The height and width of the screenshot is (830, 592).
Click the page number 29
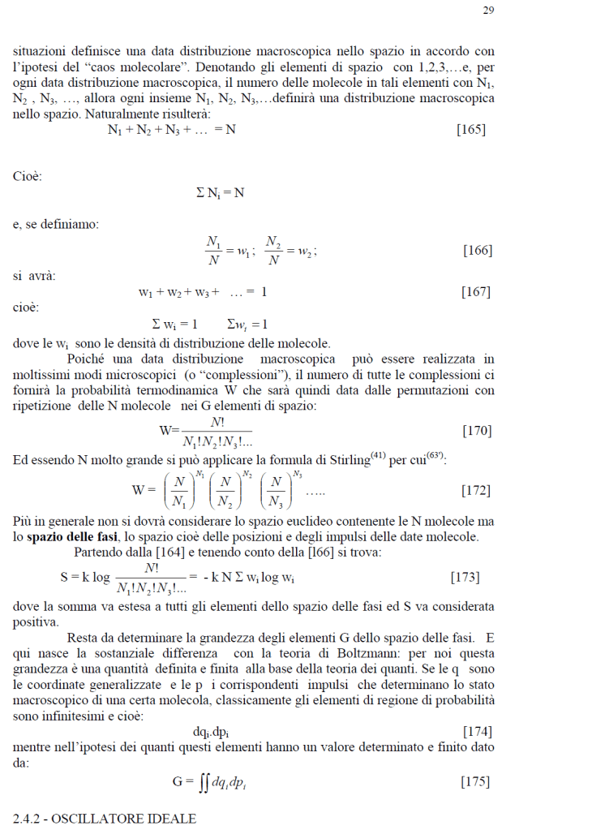pos(488,11)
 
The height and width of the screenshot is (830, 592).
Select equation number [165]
pos(471,130)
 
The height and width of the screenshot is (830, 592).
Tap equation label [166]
pos(477,250)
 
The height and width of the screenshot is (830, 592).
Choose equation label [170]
pos(477,430)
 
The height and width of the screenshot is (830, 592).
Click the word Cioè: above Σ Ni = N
pos(28,175)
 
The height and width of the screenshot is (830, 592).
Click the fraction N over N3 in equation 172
pos(278,491)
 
